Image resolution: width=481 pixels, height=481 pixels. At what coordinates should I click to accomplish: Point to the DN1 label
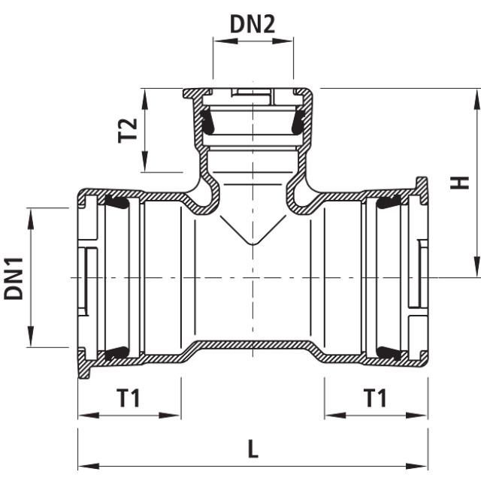14,277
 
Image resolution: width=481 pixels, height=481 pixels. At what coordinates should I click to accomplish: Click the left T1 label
129,398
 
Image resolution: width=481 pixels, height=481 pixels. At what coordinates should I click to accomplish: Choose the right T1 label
375,398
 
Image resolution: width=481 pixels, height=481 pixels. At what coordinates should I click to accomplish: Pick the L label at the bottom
253,449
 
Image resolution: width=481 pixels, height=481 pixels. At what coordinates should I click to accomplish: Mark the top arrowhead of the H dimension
476,95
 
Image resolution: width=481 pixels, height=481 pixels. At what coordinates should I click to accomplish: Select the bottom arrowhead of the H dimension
476,271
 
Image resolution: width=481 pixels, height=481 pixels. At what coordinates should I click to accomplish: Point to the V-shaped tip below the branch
253,244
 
